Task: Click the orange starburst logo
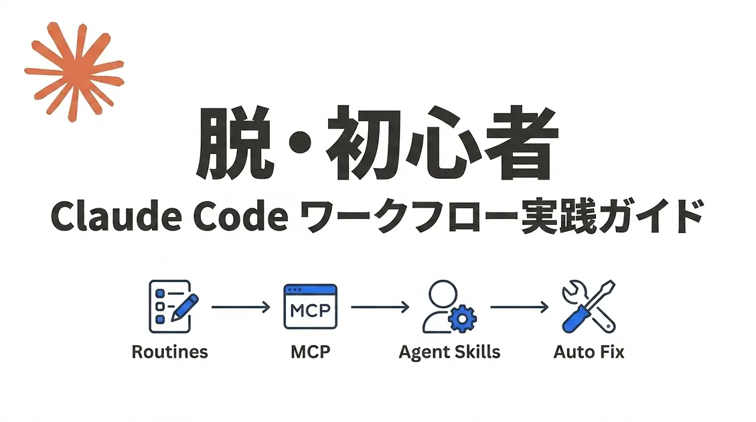coord(74,72)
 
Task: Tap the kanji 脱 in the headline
coord(236,143)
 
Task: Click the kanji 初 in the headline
coord(364,143)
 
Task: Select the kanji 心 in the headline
coord(443,143)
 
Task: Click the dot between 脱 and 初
coord(301,143)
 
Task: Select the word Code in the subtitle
coord(240,216)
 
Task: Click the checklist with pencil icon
coord(173,307)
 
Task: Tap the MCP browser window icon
coord(311,307)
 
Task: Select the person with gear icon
coord(449,307)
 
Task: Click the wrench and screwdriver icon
coord(589,307)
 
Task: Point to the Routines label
coord(169,352)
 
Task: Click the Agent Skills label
coord(449,352)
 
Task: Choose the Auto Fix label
coord(589,352)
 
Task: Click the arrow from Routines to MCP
coord(241,307)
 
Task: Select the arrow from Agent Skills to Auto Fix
coord(520,307)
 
